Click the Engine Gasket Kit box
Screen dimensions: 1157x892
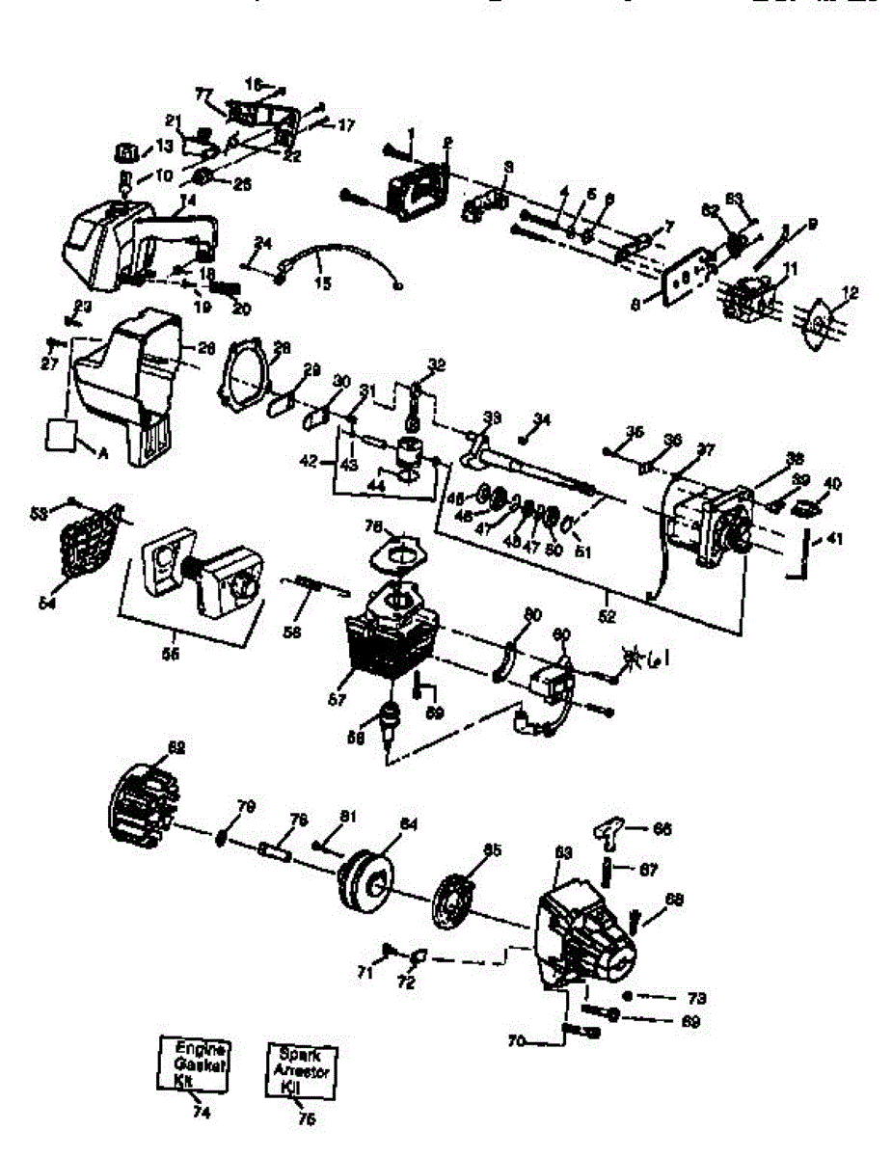(194, 1063)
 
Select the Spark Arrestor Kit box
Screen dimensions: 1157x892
(303, 1068)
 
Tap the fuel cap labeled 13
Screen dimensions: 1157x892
(127, 152)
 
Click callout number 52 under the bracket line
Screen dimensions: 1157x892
(607, 610)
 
